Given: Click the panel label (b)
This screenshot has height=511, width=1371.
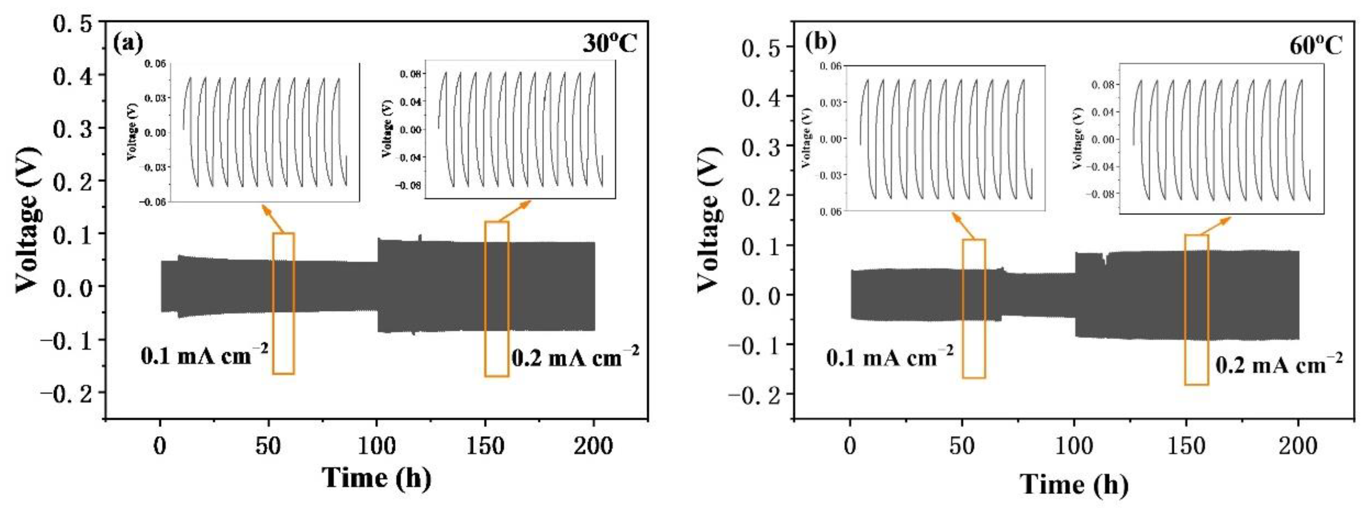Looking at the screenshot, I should [x=820, y=42].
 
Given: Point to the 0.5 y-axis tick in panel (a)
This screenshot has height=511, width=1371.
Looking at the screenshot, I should [x=72, y=23].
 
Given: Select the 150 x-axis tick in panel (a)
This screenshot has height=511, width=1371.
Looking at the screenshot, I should [x=485, y=446].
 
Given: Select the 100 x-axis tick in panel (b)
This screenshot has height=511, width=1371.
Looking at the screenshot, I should [x=1074, y=446].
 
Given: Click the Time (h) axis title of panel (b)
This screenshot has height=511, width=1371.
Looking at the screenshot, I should [x=1074, y=484].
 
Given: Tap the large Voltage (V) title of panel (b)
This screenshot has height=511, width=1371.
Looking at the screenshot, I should [x=709, y=219].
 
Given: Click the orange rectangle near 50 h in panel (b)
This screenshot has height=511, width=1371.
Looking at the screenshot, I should [x=973, y=309].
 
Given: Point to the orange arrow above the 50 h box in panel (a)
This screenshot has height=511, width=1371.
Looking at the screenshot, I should [x=271, y=219].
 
